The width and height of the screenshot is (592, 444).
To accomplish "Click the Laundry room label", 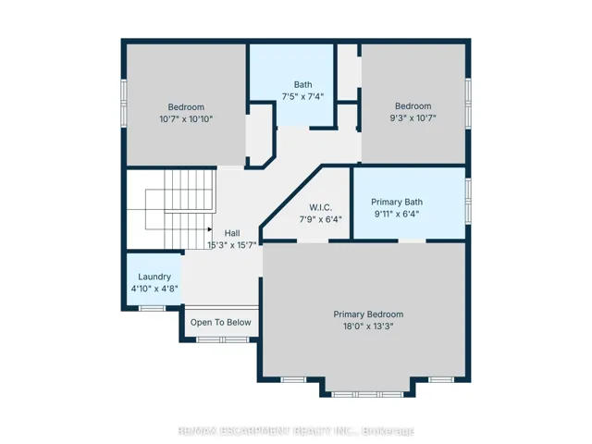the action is coord(154,277).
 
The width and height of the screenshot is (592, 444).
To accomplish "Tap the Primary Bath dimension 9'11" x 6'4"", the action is coord(397,214).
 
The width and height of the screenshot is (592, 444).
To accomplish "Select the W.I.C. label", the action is coord(321,207).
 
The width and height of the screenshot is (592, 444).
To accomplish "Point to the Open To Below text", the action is coord(220,323).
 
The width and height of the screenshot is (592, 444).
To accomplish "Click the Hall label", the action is coord(232,233).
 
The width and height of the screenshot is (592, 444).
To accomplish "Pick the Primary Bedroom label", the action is coord(368,314).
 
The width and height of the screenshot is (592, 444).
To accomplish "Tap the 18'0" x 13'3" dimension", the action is coord(368,327).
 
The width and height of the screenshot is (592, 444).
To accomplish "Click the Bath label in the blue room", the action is coord(302,84).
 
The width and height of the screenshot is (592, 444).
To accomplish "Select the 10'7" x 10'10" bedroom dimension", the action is coord(186,119).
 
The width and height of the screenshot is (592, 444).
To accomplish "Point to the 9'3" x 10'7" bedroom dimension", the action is coord(413,118).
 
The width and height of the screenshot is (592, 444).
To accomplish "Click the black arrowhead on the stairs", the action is coord(210,229).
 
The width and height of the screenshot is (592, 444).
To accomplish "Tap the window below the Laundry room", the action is coord(152,308).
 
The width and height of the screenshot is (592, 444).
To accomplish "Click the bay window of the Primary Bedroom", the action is coord(367,395).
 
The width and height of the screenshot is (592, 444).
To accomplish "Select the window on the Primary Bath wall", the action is coord(468,202).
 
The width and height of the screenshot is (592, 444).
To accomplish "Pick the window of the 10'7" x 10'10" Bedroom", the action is coord(123,103).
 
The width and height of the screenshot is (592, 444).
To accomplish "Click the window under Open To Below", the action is coord(223,339).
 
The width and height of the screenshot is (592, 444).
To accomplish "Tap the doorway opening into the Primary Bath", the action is coord(412,240).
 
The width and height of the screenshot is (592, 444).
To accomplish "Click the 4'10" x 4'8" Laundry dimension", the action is coord(154,289).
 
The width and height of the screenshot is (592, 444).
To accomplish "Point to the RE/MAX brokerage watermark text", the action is coord(296,431).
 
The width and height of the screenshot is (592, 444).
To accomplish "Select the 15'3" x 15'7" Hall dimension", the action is coord(232,245).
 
